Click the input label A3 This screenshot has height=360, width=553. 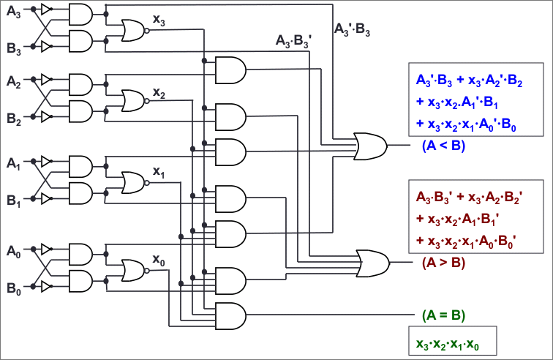point(14,12)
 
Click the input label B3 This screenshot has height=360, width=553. point(14,49)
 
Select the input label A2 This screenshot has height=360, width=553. point(14,80)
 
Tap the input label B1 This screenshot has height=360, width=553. point(14,200)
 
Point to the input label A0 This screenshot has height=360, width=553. point(14,252)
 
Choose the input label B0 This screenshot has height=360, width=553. point(14,288)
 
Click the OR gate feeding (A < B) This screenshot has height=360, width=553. point(370,146)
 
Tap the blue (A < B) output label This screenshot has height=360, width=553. point(443,146)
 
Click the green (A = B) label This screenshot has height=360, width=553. point(443,315)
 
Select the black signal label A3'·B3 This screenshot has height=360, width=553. point(353,29)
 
